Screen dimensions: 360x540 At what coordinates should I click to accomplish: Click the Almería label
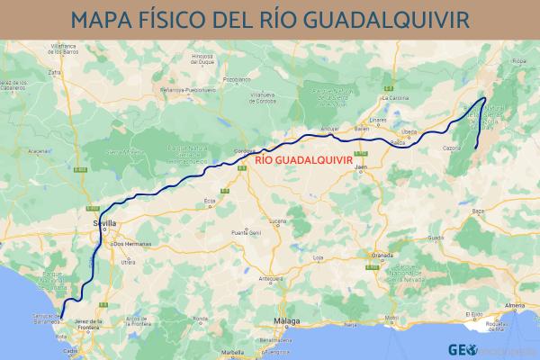(515, 306)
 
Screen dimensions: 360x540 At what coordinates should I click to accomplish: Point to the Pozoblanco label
(235, 79)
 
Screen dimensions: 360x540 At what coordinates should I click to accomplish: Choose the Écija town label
(211, 201)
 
